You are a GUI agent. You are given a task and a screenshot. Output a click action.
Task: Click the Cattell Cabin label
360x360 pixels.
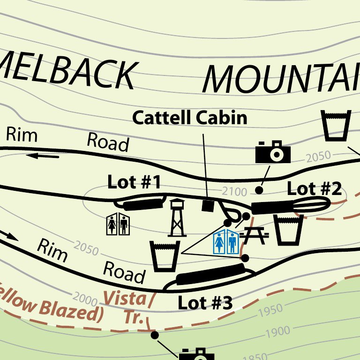[x=189, y=118]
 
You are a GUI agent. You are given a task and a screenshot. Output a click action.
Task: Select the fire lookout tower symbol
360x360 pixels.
[x=177, y=217]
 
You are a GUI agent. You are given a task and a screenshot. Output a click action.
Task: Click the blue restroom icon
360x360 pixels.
[x=226, y=242]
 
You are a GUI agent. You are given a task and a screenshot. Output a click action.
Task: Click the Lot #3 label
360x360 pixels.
[x=205, y=303]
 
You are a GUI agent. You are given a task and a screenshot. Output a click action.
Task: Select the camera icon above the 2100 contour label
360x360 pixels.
[x=273, y=152]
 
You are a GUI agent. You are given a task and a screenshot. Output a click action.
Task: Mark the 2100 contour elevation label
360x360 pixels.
[x=234, y=192]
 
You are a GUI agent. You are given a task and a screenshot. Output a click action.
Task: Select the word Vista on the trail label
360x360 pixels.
[x=125, y=298]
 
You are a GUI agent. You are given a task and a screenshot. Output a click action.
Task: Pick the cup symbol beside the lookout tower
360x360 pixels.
[x=165, y=256]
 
